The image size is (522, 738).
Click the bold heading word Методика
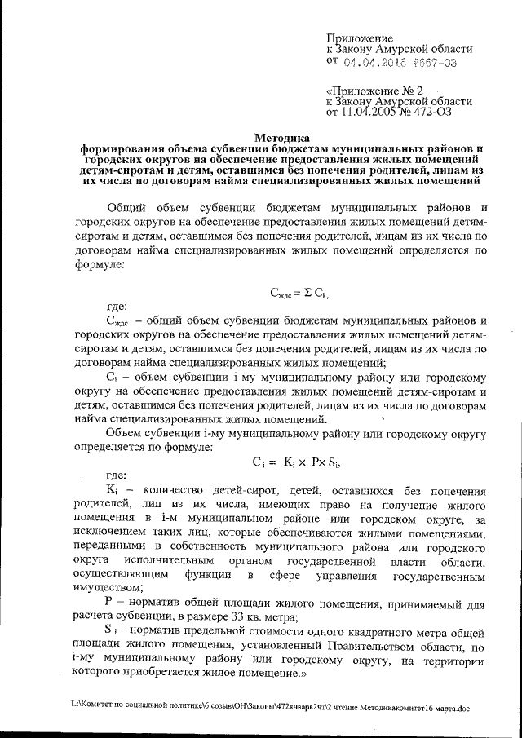click(277, 139)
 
